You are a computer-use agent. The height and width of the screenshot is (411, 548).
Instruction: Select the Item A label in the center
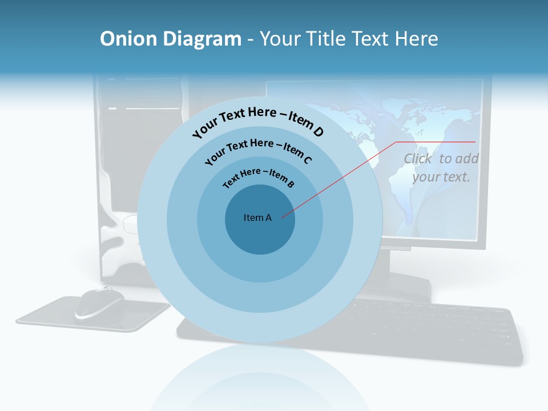pyautogui.click(x=257, y=217)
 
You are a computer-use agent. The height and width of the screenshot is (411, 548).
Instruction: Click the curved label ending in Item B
pyautogui.click(x=259, y=176)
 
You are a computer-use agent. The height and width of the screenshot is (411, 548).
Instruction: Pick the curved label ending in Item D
pyautogui.click(x=258, y=121)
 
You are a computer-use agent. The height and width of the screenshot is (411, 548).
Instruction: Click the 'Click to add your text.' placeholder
pyautogui.click(x=441, y=168)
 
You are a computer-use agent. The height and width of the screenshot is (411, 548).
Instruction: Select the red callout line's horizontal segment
pyautogui.click(x=436, y=142)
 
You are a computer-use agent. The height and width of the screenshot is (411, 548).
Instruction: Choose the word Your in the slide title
pyautogui.click(x=281, y=39)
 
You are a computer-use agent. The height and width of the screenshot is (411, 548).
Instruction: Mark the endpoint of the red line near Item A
pyautogui.click(x=282, y=217)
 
